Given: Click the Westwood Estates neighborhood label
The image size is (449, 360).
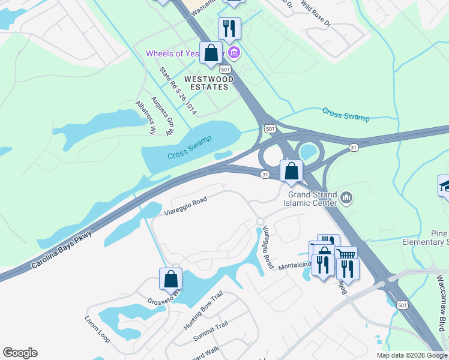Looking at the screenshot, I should (x=206, y=83).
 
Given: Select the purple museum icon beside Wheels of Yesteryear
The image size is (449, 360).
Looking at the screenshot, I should (x=235, y=54).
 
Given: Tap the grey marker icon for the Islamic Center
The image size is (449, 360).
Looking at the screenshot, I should (x=346, y=197).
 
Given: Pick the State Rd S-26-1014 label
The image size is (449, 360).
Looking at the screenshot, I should (x=178, y=91).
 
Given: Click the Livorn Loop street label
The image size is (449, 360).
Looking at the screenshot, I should (x=97, y=327).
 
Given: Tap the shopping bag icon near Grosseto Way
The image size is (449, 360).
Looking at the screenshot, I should (x=170, y=279).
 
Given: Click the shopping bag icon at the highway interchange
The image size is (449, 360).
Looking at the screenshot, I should (x=291, y=170).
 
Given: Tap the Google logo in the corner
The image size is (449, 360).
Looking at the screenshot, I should (x=20, y=353).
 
